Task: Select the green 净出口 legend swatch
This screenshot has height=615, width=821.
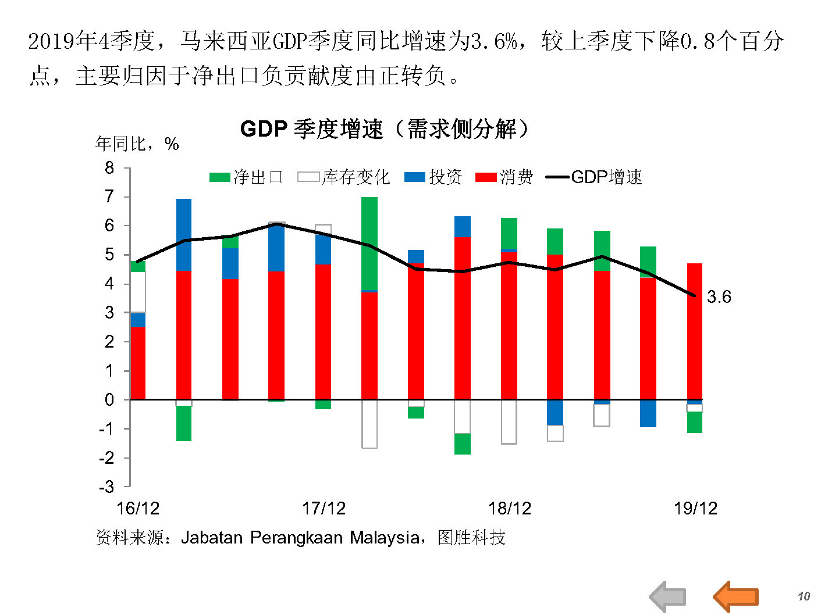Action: tap(219, 177)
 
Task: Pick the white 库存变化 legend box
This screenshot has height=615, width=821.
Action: tap(308, 177)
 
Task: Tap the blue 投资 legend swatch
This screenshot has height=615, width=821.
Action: tap(415, 177)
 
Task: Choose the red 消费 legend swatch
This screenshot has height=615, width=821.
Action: tap(485, 177)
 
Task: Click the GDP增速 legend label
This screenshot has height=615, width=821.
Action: tap(606, 177)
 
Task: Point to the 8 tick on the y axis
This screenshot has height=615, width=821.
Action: tap(109, 169)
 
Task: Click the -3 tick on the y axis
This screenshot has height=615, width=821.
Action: tap(106, 487)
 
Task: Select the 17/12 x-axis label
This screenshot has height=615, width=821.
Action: tap(324, 509)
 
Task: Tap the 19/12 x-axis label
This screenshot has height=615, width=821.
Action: tap(695, 509)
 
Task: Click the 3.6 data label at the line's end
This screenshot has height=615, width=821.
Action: tap(719, 297)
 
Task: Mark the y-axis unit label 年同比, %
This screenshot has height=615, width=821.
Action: tap(137, 144)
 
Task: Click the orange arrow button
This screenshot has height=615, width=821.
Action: tap(735, 596)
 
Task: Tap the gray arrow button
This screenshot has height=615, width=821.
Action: tap(668, 596)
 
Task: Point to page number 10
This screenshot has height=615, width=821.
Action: tap(804, 596)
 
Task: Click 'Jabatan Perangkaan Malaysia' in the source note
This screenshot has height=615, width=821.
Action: tap(300, 538)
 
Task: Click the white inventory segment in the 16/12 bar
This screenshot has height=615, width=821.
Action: tap(138, 292)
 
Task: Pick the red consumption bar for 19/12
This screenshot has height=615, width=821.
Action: tap(695, 331)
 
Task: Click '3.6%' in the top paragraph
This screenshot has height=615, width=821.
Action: tap(494, 41)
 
